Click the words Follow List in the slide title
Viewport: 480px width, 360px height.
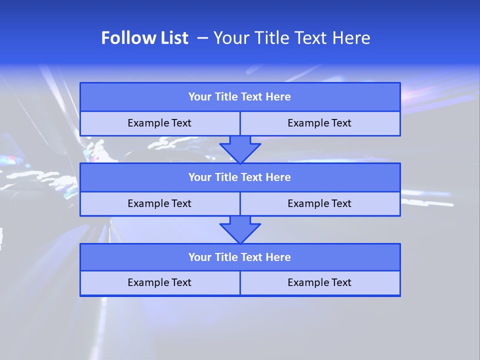(x=144, y=38)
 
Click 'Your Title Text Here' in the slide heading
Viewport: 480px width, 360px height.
(x=292, y=38)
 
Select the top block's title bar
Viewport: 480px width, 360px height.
(x=240, y=97)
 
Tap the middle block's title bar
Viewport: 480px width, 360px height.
(x=240, y=177)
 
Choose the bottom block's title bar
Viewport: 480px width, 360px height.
(x=240, y=257)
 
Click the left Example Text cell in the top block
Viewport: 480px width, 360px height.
(x=159, y=123)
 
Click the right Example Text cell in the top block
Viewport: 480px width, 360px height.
(x=320, y=123)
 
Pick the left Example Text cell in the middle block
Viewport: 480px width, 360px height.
(x=159, y=204)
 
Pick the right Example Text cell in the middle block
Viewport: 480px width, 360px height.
(x=320, y=204)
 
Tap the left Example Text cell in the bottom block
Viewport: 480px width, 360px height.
(x=159, y=283)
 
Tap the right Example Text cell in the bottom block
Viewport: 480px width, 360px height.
(x=320, y=283)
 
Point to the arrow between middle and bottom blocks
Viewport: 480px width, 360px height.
(x=240, y=229)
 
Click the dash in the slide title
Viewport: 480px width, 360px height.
(x=202, y=38)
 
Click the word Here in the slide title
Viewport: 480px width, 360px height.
(x=352, y=38)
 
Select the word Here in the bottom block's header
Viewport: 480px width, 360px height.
(x=278, y=257)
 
